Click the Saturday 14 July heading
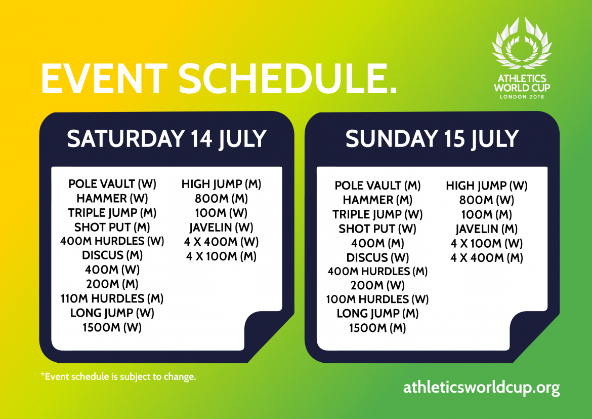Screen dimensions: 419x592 pyautogui.click(x=166, y=139)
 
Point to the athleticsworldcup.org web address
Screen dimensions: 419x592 pyautogui.click(x=481, y=388)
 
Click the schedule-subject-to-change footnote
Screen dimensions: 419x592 pyautogui.click(x=118, y=377)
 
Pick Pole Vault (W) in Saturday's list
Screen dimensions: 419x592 pyautogui.click(x=112, y=184)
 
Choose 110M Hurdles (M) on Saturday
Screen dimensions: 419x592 pyautogui.click(x=112, y=298)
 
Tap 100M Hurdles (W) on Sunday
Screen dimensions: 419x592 pyautogui.click(x=377, y=299)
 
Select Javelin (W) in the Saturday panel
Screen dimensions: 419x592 pyautogui.click(x=221, y=227)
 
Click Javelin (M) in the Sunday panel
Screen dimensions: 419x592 pyautogui.click(x=486, y=229)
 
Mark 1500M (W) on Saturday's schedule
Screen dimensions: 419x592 pyautogui.click(x=112, y=327)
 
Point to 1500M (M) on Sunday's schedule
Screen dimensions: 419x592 pyautogui.click(x=377, y=328)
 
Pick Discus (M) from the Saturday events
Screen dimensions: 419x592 pyautogui.click(x=112, y=255)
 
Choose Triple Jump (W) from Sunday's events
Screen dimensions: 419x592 pyautogui.click(x=377, y=214)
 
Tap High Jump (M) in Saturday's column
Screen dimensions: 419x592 pyautogui.click(x=221, y=184)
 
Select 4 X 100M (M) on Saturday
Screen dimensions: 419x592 pyautogui.click(x=221, y=256)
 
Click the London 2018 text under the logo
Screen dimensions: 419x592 pyautogui.click(x=522, y=96)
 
